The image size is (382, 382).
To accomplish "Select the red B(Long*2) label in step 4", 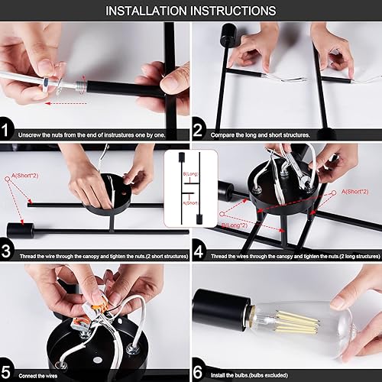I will [233, 227].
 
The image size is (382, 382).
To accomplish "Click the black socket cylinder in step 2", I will [226, 35].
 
